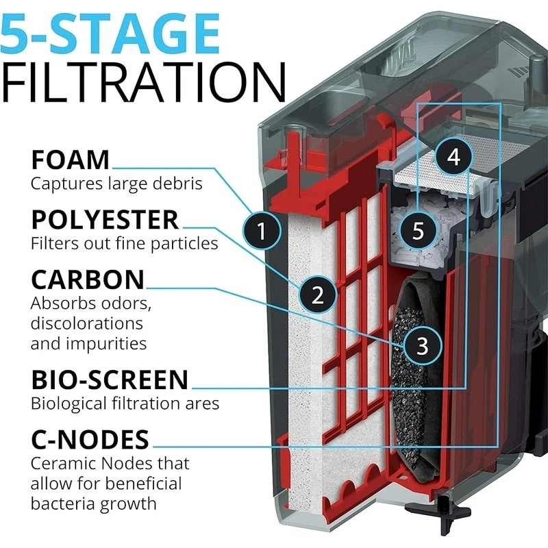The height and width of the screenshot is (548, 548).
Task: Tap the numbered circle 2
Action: [x=318, y=295]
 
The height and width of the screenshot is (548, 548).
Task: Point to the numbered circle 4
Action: [x=453, y=157]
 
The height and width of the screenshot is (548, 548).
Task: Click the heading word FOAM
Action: [x=70, y=160]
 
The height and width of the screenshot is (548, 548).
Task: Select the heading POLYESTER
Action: [x=104, y=220]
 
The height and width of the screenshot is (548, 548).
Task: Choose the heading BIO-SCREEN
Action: [x=109, y=379]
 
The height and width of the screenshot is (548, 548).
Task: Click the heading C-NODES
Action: [x=90, y=438]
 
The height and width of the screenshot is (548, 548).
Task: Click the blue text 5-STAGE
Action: [x=110, y=33]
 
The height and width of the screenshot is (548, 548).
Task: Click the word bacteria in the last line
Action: [x=63, y=503]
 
